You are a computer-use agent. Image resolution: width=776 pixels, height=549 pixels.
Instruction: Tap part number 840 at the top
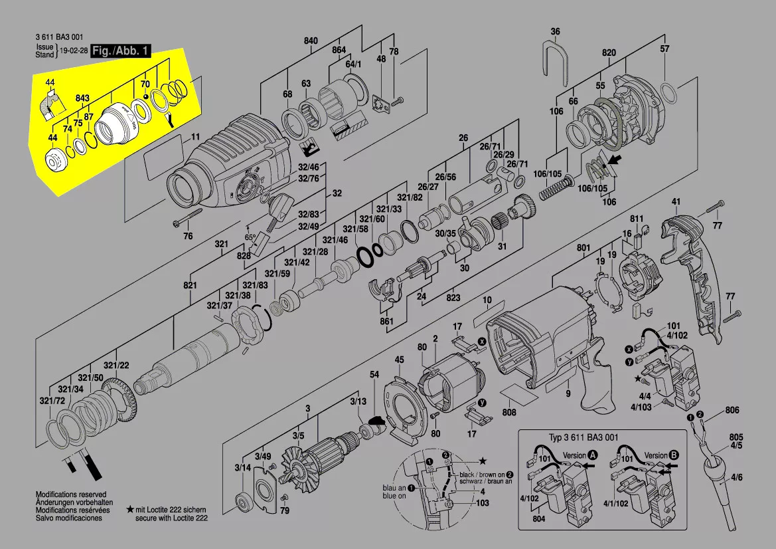(311, 41)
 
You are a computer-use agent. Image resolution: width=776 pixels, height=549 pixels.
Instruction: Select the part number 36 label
(556, 31)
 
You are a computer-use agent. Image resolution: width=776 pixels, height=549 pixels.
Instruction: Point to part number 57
(664, 49)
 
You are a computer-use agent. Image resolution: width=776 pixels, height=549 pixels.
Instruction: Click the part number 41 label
(676, 201)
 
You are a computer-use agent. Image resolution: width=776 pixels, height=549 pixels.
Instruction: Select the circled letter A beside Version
(593, 456)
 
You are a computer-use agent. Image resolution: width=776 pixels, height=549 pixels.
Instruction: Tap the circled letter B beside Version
(674, 456)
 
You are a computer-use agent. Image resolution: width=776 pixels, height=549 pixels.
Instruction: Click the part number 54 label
(374, 376)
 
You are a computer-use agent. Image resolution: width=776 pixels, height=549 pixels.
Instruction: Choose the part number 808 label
(509, 413)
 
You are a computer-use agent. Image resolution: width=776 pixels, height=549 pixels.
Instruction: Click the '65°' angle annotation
(250, 237)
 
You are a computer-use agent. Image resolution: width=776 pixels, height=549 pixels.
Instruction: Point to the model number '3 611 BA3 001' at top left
(59, 38)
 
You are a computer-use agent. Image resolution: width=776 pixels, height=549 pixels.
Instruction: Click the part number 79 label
(285, 510)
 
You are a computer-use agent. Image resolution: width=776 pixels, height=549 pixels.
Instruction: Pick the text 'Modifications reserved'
(70, 495)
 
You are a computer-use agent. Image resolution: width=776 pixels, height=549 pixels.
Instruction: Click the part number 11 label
(195, 138)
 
